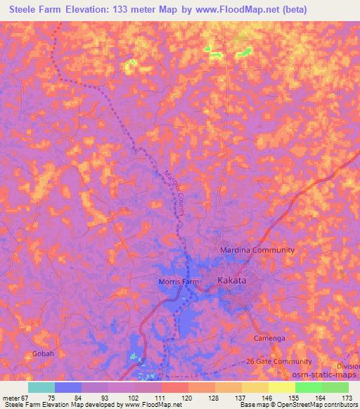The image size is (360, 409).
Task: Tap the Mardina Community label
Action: click(x=257, y=250)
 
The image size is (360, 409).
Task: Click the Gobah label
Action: click(x=42, y=353)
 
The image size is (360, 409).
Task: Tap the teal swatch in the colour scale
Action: click(x=41, y=387)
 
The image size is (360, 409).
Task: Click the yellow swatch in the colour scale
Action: click(x=281, y=387)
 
